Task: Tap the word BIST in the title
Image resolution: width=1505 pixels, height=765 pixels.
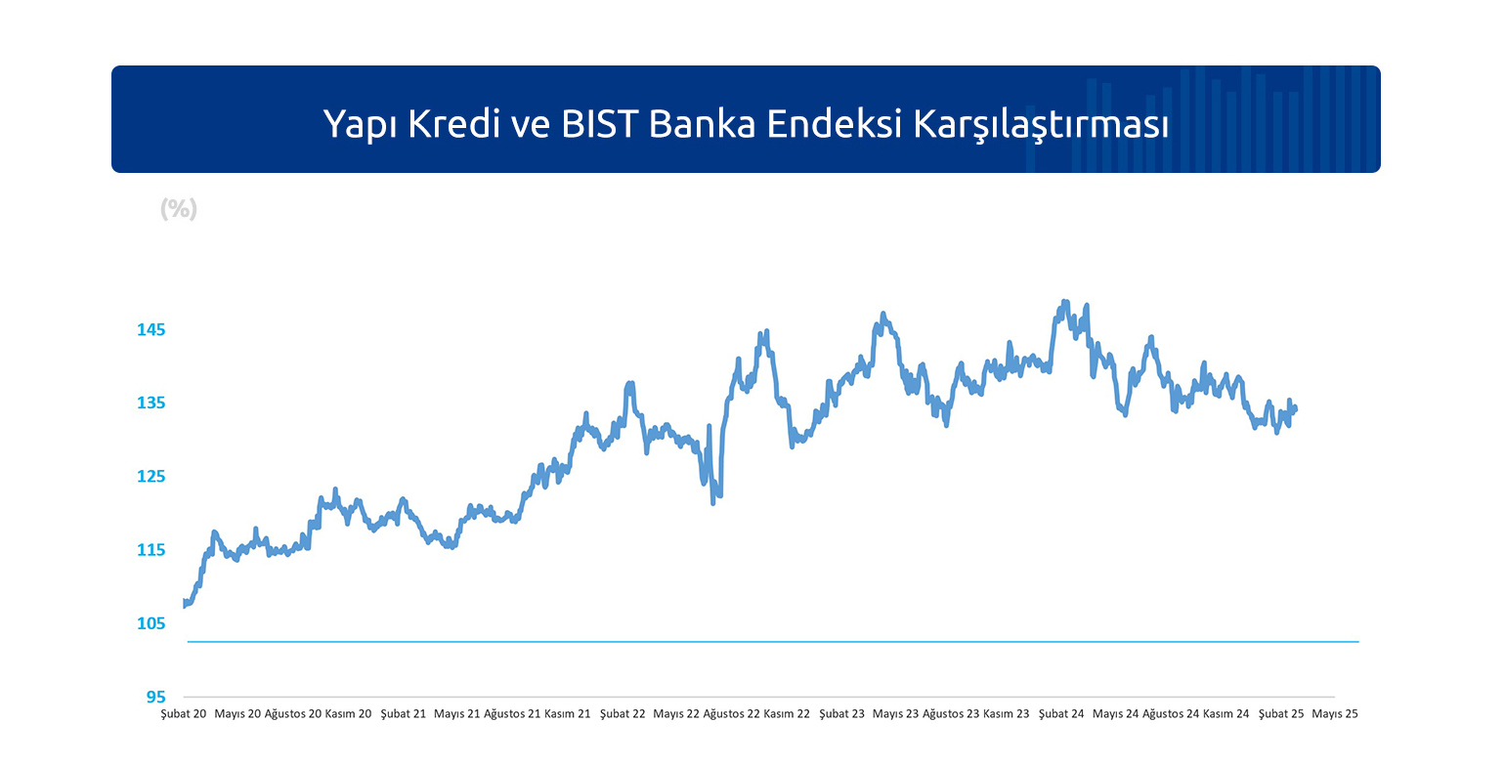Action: [x=599, y=124]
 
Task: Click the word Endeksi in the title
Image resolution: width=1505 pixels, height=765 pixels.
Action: [x=834, y=124]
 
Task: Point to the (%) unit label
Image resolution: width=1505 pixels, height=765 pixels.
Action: [x=179, y=209]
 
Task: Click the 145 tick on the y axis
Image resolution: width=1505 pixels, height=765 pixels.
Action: [x=151, y=330]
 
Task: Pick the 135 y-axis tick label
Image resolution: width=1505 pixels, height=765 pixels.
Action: [x=151, y=403]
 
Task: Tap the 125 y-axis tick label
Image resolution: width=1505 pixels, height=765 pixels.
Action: [x=151, y=476]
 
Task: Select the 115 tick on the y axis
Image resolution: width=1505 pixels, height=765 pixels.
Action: [x=151, y=550]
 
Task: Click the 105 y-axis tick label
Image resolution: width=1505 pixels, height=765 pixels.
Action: [x=151, y=623]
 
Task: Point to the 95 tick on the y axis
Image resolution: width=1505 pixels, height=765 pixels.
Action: [x=156, y=698]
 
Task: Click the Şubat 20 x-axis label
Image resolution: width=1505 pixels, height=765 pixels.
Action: [x=184, y=714]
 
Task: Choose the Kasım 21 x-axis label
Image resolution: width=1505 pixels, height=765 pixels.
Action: [x=567, y=714]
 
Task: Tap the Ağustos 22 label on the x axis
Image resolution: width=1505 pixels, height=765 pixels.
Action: [x=731, y=714]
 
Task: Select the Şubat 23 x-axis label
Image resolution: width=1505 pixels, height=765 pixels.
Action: [x=841, y=714]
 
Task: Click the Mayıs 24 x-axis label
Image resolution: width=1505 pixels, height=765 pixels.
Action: [x=1115, y=714]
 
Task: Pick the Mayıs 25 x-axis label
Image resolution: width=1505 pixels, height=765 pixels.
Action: [x=1335, y=714]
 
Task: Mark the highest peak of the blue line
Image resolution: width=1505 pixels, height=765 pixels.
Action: [x=1064, y=302]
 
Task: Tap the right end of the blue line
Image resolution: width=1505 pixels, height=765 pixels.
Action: [x=1295, y=408]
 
